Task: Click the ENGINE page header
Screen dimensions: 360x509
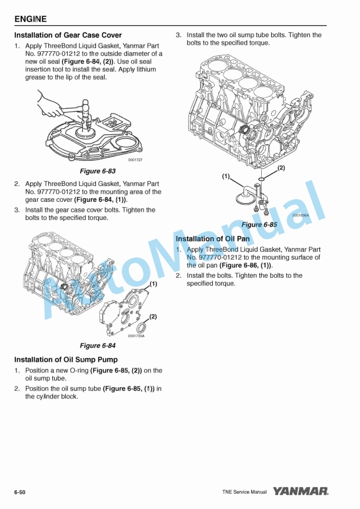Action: [31, 19]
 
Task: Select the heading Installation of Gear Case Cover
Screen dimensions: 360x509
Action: [68, 35]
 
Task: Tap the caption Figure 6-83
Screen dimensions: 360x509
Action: [98, 171]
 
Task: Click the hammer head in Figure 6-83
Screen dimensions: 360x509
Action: [85, 105]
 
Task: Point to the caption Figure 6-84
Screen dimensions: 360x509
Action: [98, 345]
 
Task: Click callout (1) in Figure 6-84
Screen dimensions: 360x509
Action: [153, 284]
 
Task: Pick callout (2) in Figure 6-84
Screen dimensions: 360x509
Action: [153, 317]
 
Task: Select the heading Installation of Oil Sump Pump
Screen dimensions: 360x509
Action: [66, 360]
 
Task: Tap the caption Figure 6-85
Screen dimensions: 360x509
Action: [259, 225]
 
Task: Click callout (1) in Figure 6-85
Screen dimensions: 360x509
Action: [226, 176]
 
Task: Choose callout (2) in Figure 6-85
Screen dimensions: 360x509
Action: [281, 168]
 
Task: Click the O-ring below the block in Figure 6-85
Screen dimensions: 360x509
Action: [262, 179]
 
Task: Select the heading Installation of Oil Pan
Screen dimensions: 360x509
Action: [212, 238]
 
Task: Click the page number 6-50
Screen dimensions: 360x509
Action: [20, 493]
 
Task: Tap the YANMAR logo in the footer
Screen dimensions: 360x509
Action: [301, 491]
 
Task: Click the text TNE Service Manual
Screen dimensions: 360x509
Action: [245, 492]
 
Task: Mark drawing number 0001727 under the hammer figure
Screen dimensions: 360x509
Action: [135, 160]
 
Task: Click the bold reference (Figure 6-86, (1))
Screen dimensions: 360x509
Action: [246, 265]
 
